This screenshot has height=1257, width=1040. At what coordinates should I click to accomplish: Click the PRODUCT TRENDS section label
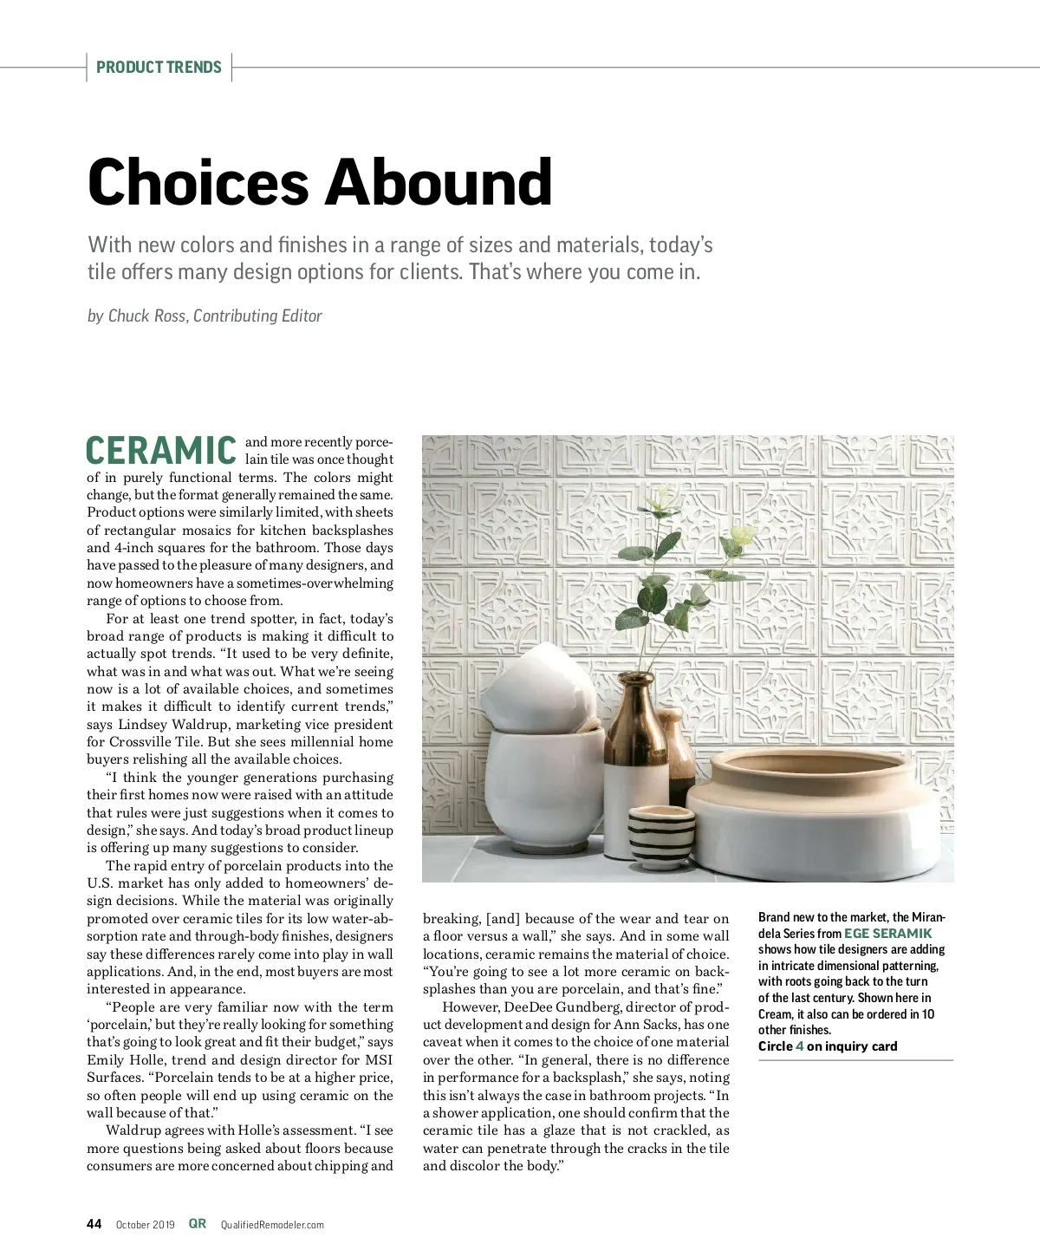[x=159, y=68]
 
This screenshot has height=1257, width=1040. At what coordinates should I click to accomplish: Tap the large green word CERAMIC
[x=161, y=451]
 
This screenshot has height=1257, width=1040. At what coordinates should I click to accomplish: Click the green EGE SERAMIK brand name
[x=887, y=934]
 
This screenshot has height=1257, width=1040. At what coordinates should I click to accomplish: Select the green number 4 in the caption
[x=799, y=1046]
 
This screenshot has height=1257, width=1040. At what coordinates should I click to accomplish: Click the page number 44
[x=94, y=1224]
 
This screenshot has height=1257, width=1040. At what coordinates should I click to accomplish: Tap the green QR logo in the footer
[x=198, y=1224]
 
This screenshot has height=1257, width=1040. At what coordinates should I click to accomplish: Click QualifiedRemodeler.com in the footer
[x=272, y=1225]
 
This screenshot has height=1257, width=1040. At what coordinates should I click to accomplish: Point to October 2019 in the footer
[x=145, y=1225]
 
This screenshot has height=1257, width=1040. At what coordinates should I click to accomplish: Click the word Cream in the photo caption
[x=775, y=1014]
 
